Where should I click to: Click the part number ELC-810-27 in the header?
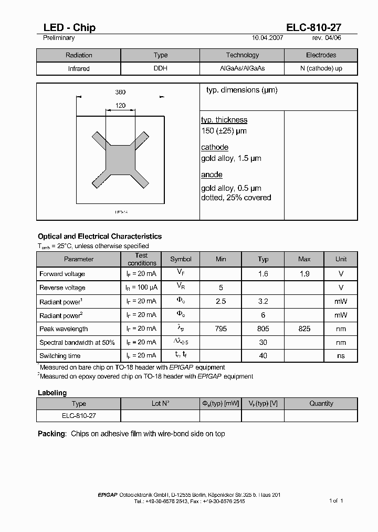(314, 28)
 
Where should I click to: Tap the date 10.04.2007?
(268, 38)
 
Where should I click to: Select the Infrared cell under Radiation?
(79, 69)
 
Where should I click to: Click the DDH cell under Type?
(160, 69)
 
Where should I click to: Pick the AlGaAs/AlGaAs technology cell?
(242, 69)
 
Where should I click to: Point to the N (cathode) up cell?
(321, 69)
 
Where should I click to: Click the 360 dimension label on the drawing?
(120, 93)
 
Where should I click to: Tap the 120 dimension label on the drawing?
(120, 106)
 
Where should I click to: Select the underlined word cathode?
(215, 147)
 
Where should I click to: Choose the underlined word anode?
(212, 175)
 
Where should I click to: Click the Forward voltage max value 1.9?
(304, 274)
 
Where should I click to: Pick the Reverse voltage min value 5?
(221, 288)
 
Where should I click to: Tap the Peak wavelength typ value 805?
(263, 329)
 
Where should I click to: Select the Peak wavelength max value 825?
(304, 329)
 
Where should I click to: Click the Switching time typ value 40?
(263, 356)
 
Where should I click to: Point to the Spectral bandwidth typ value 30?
(263, 342)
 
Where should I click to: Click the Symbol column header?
(181, 259)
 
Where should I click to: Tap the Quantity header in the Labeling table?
(321, 404)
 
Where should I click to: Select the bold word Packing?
(52, 434)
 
